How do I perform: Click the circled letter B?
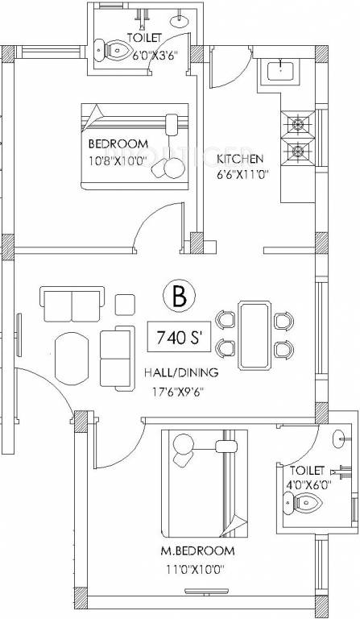179,297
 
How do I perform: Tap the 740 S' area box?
179,339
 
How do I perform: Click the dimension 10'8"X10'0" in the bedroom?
118,159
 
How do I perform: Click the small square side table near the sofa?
125,305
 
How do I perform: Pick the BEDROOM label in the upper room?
118,143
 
